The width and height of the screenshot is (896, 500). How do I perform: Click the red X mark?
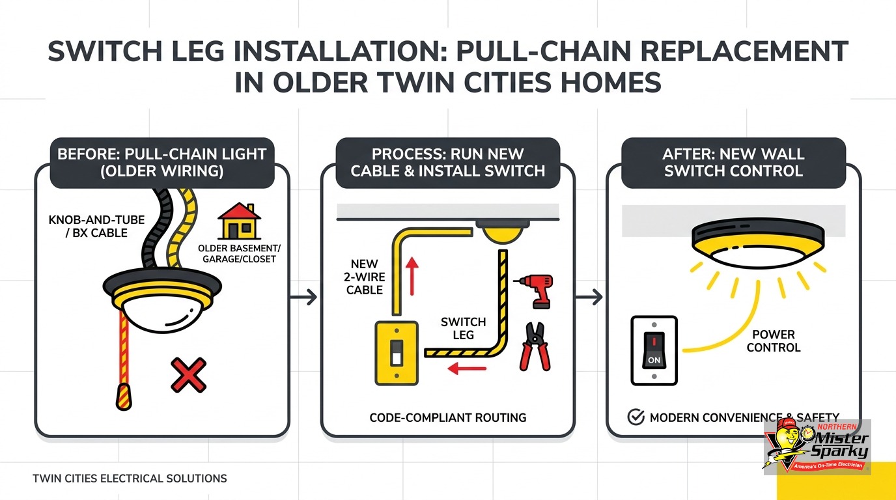pos(188,375)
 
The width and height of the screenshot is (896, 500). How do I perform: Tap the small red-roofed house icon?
pos(239,221)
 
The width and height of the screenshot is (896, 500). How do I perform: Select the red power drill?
pos(535,290)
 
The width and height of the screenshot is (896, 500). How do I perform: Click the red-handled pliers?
pos(535,346)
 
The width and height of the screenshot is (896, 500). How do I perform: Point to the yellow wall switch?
pos(397,354)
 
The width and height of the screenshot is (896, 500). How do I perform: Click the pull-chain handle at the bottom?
pos(124,396)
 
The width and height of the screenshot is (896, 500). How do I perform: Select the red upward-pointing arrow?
pos(412,276)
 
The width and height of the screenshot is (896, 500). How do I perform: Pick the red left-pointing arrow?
pos(467,368)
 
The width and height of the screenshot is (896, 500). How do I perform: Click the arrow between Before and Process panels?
pos(303,297)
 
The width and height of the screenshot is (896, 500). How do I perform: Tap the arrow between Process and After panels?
pos(589,297)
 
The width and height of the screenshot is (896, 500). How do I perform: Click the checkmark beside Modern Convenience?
pos(636,417)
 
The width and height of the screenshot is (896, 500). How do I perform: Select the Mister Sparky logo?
pos(817,447)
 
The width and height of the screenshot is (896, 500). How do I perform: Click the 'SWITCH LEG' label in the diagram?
pos(463,328)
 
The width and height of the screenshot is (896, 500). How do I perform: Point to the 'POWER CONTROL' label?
pos(774,340)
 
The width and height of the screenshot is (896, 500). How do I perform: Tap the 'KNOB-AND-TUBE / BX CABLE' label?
pos(96,227)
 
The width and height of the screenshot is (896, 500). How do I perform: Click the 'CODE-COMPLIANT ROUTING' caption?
pos(447,417)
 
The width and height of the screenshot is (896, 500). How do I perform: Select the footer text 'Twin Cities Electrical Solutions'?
pos(130,479)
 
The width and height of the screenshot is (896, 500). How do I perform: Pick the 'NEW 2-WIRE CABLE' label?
pos(365,277)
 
